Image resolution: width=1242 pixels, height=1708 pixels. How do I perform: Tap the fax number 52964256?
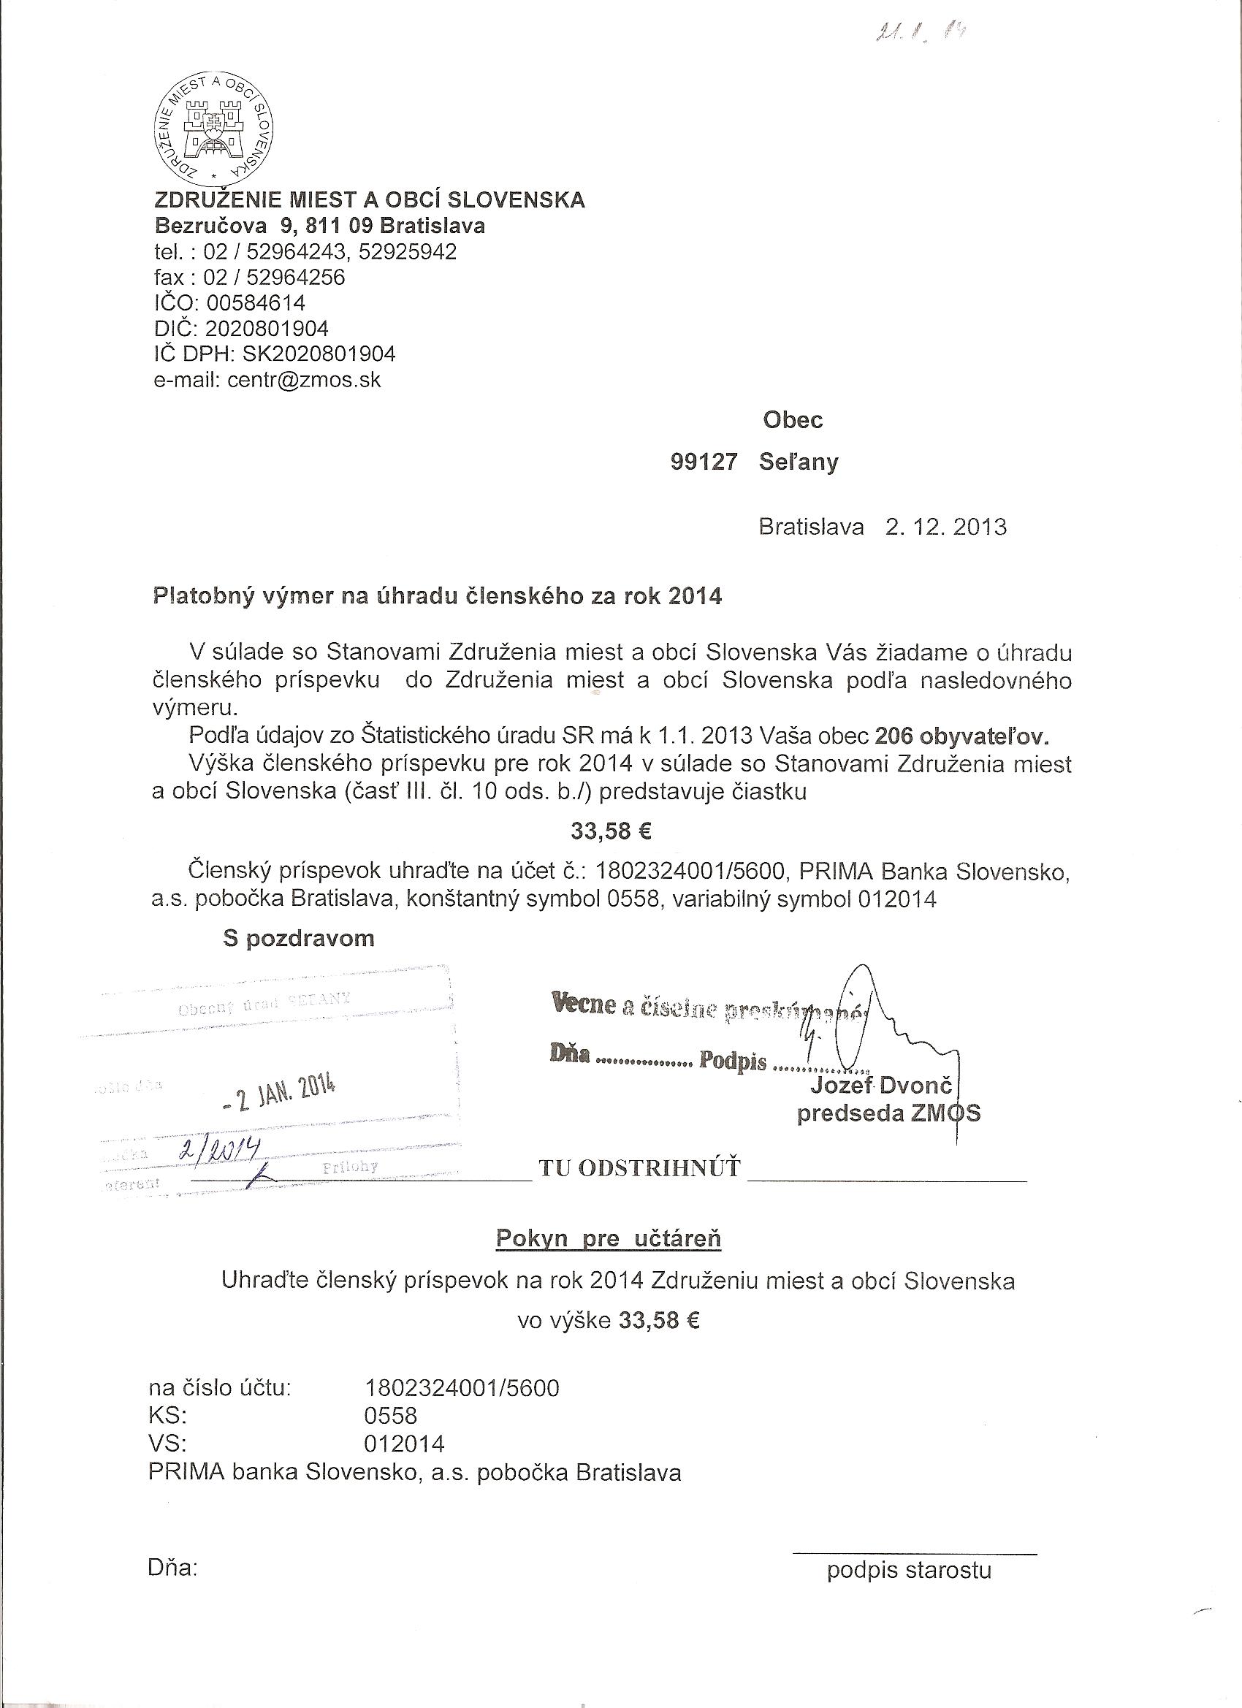click(x=295, y=277)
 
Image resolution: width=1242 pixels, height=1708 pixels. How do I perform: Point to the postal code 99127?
click(x=704, y=462)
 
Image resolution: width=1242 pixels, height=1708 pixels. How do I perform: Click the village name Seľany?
click(x=799, y=462)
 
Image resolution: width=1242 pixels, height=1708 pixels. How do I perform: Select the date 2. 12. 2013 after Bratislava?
click(x=945, y=527)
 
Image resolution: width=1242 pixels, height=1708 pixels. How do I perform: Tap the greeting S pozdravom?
click(x=298, y=938)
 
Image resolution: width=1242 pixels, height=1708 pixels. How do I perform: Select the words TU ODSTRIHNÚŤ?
click(x=639, y=1168)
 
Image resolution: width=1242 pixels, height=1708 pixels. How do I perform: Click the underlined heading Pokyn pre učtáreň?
click(x=608, y=1238)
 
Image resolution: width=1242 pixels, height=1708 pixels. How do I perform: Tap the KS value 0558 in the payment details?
click(x=390, y=1416)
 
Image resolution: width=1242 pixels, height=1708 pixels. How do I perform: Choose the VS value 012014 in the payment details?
click(x=404, y=1444)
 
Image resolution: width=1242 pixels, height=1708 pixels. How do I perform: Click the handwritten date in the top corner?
click(x=920, y=32)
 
